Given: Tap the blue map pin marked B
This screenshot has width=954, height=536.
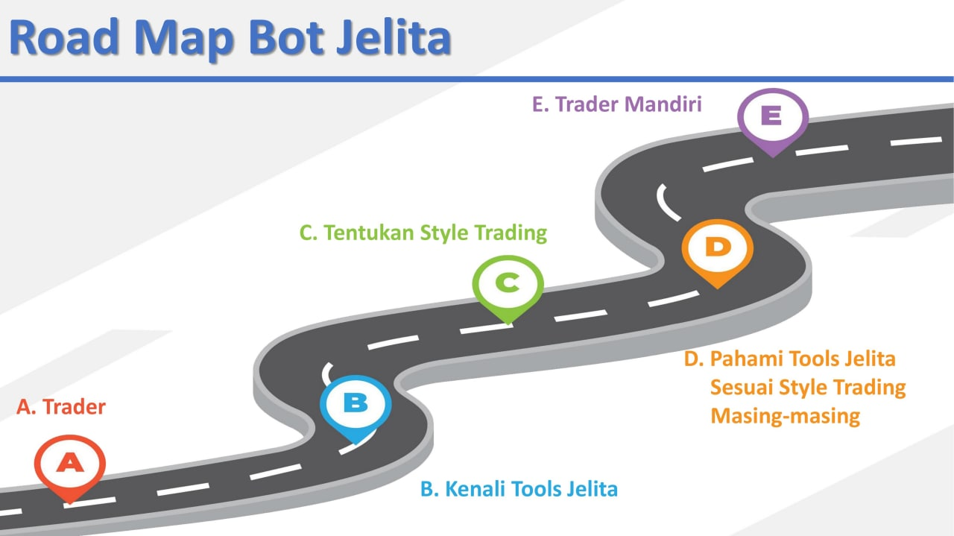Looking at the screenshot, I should point(356,404).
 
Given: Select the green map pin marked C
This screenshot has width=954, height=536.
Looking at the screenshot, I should point(508,284).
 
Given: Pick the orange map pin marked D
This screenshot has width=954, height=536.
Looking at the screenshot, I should point(718,249).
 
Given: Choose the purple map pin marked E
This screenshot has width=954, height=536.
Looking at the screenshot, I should point(772,118).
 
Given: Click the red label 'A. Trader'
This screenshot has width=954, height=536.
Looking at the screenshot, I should point(61,407).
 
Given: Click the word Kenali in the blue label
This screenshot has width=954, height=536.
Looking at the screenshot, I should point(473,490).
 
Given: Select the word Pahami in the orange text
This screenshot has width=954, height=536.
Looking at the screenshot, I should point(745,359).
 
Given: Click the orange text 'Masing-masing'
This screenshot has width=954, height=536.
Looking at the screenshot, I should point(786,415).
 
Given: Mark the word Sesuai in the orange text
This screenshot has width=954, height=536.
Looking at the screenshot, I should point(742,388).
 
